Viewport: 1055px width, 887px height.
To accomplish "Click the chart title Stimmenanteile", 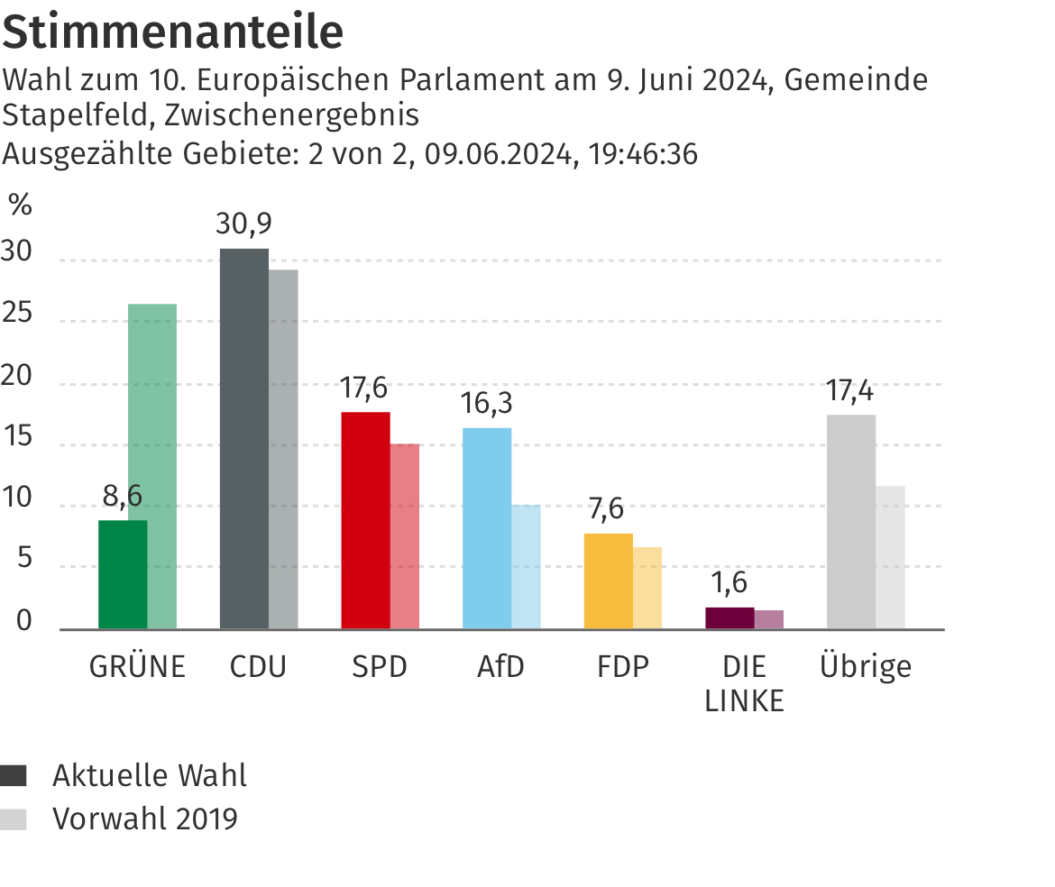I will pos(173,32).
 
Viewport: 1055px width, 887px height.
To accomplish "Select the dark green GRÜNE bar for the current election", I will pos(123,574).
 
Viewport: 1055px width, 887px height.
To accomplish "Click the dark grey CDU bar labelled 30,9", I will pos(244,438).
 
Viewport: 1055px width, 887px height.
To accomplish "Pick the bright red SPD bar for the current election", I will pos(366,520).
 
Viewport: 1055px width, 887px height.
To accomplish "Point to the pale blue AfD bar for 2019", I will pos(526,566).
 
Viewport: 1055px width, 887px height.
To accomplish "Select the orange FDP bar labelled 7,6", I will pos(609,581).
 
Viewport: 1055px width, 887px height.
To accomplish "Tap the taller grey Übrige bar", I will pos(850,521).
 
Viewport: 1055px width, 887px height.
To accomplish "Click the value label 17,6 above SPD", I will pos(364,388).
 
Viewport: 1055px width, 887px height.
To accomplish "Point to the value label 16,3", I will pos(486,403).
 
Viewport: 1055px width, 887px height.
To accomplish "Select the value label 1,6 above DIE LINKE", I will pos(729,582).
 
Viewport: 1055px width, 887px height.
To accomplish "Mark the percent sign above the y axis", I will pos(20,206).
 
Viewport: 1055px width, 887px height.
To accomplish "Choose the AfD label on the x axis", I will pos(500,667).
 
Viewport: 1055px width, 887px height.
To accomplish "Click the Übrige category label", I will pos(866,666).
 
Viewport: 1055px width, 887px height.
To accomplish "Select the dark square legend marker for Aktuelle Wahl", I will pos(14,775).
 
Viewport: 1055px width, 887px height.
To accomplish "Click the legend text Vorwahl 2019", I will pos(145,818).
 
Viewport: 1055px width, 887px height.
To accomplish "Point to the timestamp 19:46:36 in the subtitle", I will pos(643,154).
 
